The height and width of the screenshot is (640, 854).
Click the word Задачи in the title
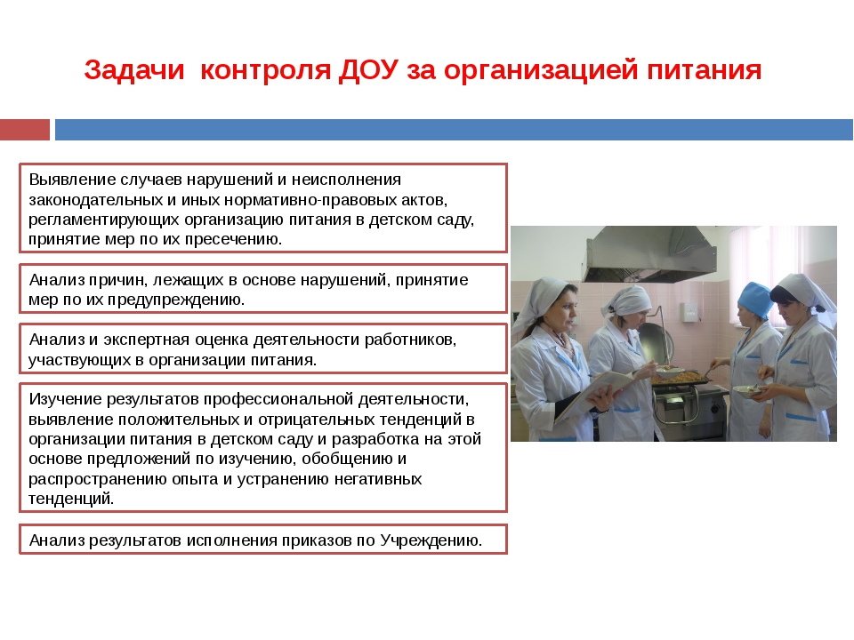134,70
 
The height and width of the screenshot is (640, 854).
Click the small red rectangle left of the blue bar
25,130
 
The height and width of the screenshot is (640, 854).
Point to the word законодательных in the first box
95,200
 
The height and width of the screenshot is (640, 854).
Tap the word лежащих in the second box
188,280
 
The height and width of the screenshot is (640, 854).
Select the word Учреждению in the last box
431,540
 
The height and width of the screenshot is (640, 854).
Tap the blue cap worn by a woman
756,299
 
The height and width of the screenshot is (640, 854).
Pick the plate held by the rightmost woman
748,389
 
